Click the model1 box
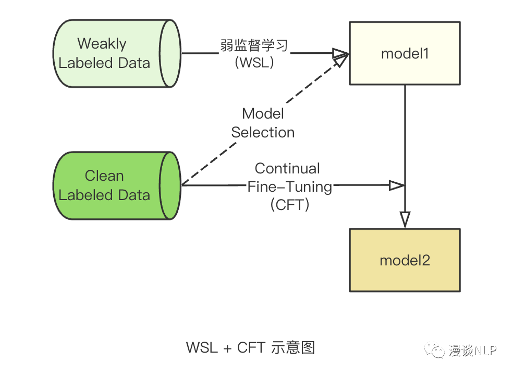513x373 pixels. pos(405,53)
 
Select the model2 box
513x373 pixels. pos(405,260)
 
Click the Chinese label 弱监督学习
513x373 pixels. pos(254,45)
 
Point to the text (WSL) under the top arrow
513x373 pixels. pos(254,63)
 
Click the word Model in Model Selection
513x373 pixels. pos(263,113)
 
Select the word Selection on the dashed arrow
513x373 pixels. pos(263,132)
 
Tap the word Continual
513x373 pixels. pos(287,169)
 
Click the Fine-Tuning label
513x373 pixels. pos(289,186)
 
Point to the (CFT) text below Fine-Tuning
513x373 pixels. pos(290,204)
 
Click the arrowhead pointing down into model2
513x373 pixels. pos(405,219)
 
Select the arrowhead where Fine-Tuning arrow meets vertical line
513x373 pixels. pos(397,185)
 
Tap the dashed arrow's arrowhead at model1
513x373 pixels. pos(341,60)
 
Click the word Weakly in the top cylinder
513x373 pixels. pos(102,43)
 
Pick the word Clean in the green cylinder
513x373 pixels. pos(104,176)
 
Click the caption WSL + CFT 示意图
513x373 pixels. pos(250,347)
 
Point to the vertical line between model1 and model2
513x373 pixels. pos(405,136)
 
